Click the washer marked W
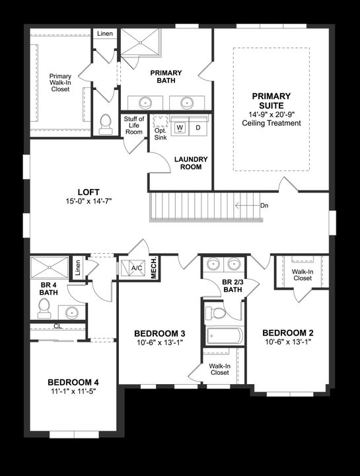(179, 127)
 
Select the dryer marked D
(198, 127)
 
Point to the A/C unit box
(137, 268)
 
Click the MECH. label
(154, 267)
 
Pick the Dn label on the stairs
(264, 206)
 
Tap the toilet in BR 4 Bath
(44, 307)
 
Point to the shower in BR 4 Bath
(48, 268)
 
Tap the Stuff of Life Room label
(134, 126)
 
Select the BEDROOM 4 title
(73, 382)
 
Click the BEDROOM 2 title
(287, 333)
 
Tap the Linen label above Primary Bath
(104, 34)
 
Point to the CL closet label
(58, 326)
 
